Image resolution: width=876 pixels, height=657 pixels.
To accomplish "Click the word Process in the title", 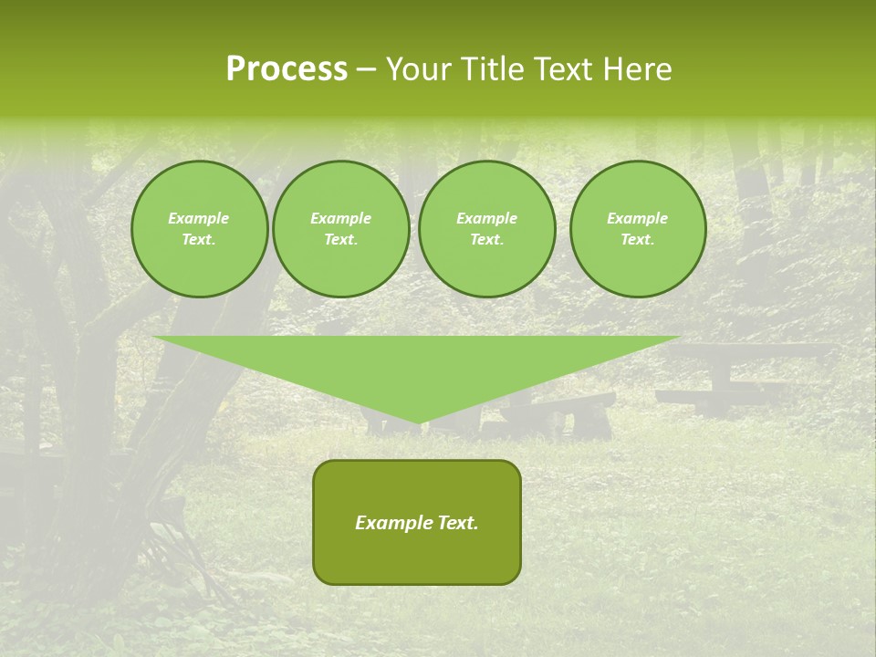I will [287, 69].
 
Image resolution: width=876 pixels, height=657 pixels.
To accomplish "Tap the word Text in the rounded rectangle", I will [457, 523].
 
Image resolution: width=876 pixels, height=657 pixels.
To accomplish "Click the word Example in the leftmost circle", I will [199, 218].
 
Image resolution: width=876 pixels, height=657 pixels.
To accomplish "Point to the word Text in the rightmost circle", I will [638, 239].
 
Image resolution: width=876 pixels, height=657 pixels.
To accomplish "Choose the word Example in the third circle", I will [486, 218].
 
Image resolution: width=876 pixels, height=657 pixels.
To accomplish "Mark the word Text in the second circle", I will [340, 239].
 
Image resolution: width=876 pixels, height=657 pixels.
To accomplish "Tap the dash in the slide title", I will [366, 69].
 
